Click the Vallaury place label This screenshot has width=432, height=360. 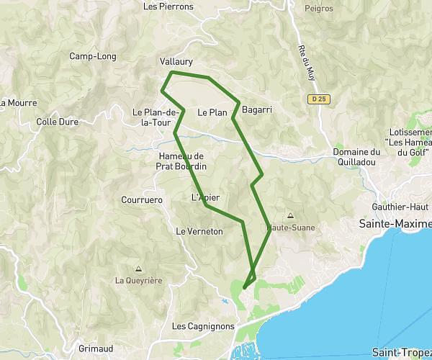[x=176, y=62]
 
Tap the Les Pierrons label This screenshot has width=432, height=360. [x=168, y=6]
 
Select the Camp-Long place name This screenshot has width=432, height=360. [x=89, y=56]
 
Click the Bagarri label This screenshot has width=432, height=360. [x=257, y=110]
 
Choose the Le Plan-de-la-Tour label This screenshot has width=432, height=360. [x=155, y=117]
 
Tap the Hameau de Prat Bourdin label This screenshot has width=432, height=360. [x=181, y=161]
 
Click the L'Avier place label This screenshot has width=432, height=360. [x=205, y=197]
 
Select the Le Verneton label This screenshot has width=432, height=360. [x=199, y=231]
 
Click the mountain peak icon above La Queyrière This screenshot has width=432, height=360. [x=138, y=269]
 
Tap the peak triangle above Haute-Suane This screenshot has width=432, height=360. [x=290, y=215]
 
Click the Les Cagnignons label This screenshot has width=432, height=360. [x=204, y=326]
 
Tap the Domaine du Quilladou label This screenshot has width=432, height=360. [x=356, y=157]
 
